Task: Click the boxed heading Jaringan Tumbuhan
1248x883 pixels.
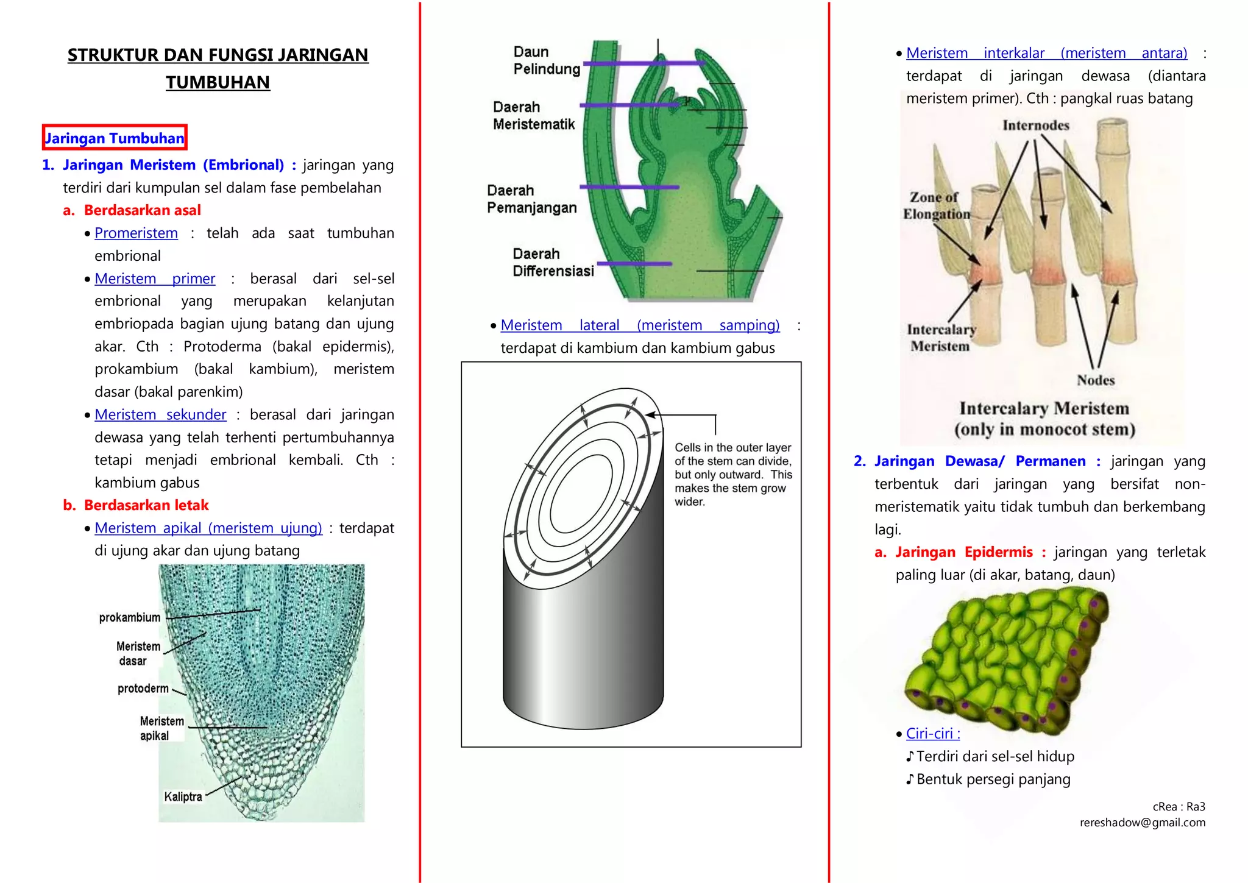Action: coord(115,138)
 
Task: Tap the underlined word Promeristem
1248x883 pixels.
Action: coord(136,233)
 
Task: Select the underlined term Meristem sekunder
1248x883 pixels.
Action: coord(160,415)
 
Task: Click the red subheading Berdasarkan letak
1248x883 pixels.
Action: coord(146,505)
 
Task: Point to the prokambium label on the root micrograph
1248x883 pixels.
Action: coord(130,617)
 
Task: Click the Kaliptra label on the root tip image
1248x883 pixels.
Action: coord(183,796)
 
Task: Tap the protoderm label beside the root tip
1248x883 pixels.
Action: coord(143,689)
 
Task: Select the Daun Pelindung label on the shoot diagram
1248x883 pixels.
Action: coord(546,60)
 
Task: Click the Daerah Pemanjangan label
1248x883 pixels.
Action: coord(531,199)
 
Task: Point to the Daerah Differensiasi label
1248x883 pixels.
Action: coord(553,263)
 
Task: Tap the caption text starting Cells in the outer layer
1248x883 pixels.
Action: coord(732,474)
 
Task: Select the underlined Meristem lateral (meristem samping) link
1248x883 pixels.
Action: coord(640,325)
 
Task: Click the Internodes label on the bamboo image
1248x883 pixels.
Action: coord(1036,126)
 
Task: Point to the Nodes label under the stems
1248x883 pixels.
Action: coord(1095,380)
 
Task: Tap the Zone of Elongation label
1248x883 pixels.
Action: coord(936,206)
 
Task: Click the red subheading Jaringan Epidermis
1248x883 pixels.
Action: coord(963,552)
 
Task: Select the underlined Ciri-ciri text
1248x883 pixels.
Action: coord(932,734)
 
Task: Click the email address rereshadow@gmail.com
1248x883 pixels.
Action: coord(1142,823)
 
